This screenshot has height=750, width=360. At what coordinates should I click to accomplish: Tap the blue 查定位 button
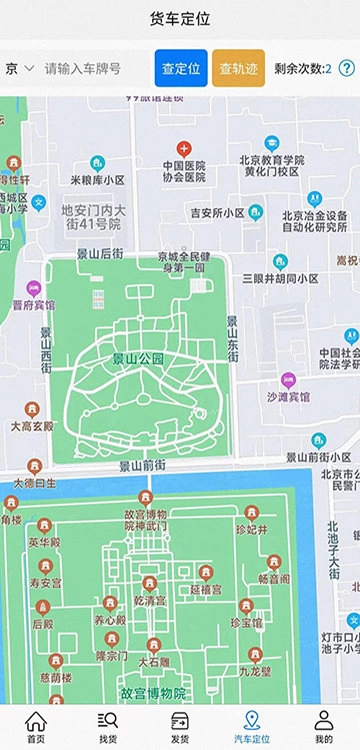[181, 68]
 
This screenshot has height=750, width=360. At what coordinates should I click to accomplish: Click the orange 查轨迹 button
[238, 68]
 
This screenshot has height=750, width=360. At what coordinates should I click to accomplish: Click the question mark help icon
[347, 69]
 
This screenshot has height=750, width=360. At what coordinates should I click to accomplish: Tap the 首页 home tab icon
[36, 727]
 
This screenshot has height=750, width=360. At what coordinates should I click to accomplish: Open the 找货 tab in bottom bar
[108, 727]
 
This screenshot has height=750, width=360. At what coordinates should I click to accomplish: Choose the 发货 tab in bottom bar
[180, 727]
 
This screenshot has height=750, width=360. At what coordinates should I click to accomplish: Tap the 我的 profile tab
[323, 727]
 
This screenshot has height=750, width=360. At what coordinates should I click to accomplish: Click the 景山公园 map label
[137, 358]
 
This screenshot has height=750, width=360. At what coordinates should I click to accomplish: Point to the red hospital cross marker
[182, 148]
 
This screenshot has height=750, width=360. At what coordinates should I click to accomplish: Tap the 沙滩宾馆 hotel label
[288, 397]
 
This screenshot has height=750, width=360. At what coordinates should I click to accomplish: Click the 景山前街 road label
[147, 465]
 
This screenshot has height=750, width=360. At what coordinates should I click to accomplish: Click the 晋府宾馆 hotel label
[34, 304]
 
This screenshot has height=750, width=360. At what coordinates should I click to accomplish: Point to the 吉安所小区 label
[218, 213]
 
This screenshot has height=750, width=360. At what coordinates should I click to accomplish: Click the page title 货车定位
[180, 18]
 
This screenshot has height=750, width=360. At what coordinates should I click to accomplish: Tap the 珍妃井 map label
[252, 529]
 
